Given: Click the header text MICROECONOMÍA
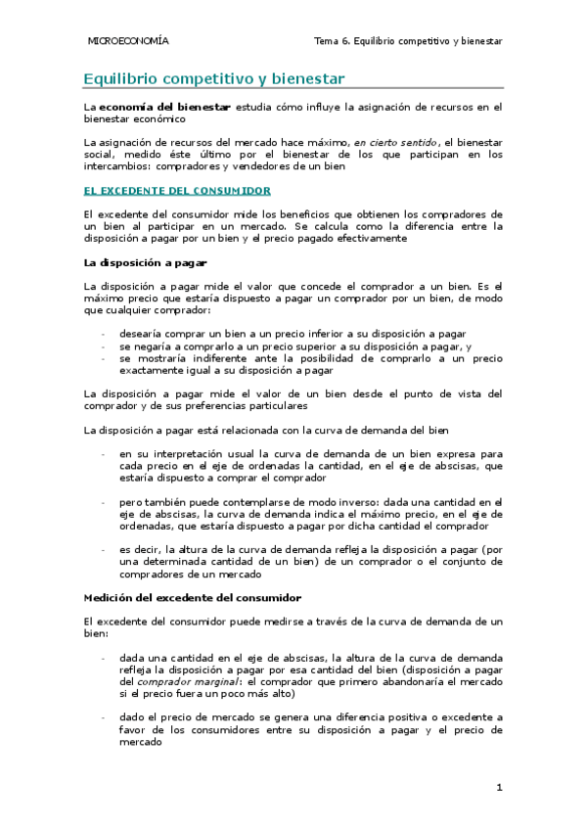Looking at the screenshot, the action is coord(128,42).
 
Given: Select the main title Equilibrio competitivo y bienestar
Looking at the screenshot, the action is coord(213,77).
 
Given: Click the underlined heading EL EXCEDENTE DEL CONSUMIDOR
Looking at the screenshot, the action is coord(177,191).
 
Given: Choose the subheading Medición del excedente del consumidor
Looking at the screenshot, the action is coord(193,597).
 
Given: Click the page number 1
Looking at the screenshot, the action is coord(499,787).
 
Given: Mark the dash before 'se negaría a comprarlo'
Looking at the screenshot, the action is coord(104,346).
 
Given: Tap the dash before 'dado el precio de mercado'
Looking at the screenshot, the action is coord(104,717).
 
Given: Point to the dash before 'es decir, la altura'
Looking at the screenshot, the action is coord(104,549).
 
